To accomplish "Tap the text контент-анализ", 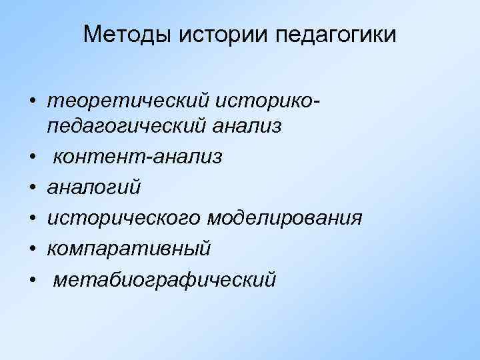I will (x=138, y=156).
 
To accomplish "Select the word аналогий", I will (x=94, y=187).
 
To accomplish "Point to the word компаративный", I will (x=129, y=249).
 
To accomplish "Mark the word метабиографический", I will (x=164, y=280).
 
